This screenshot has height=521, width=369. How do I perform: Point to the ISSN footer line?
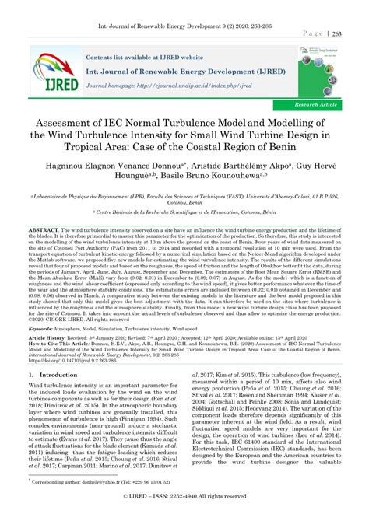184,514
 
